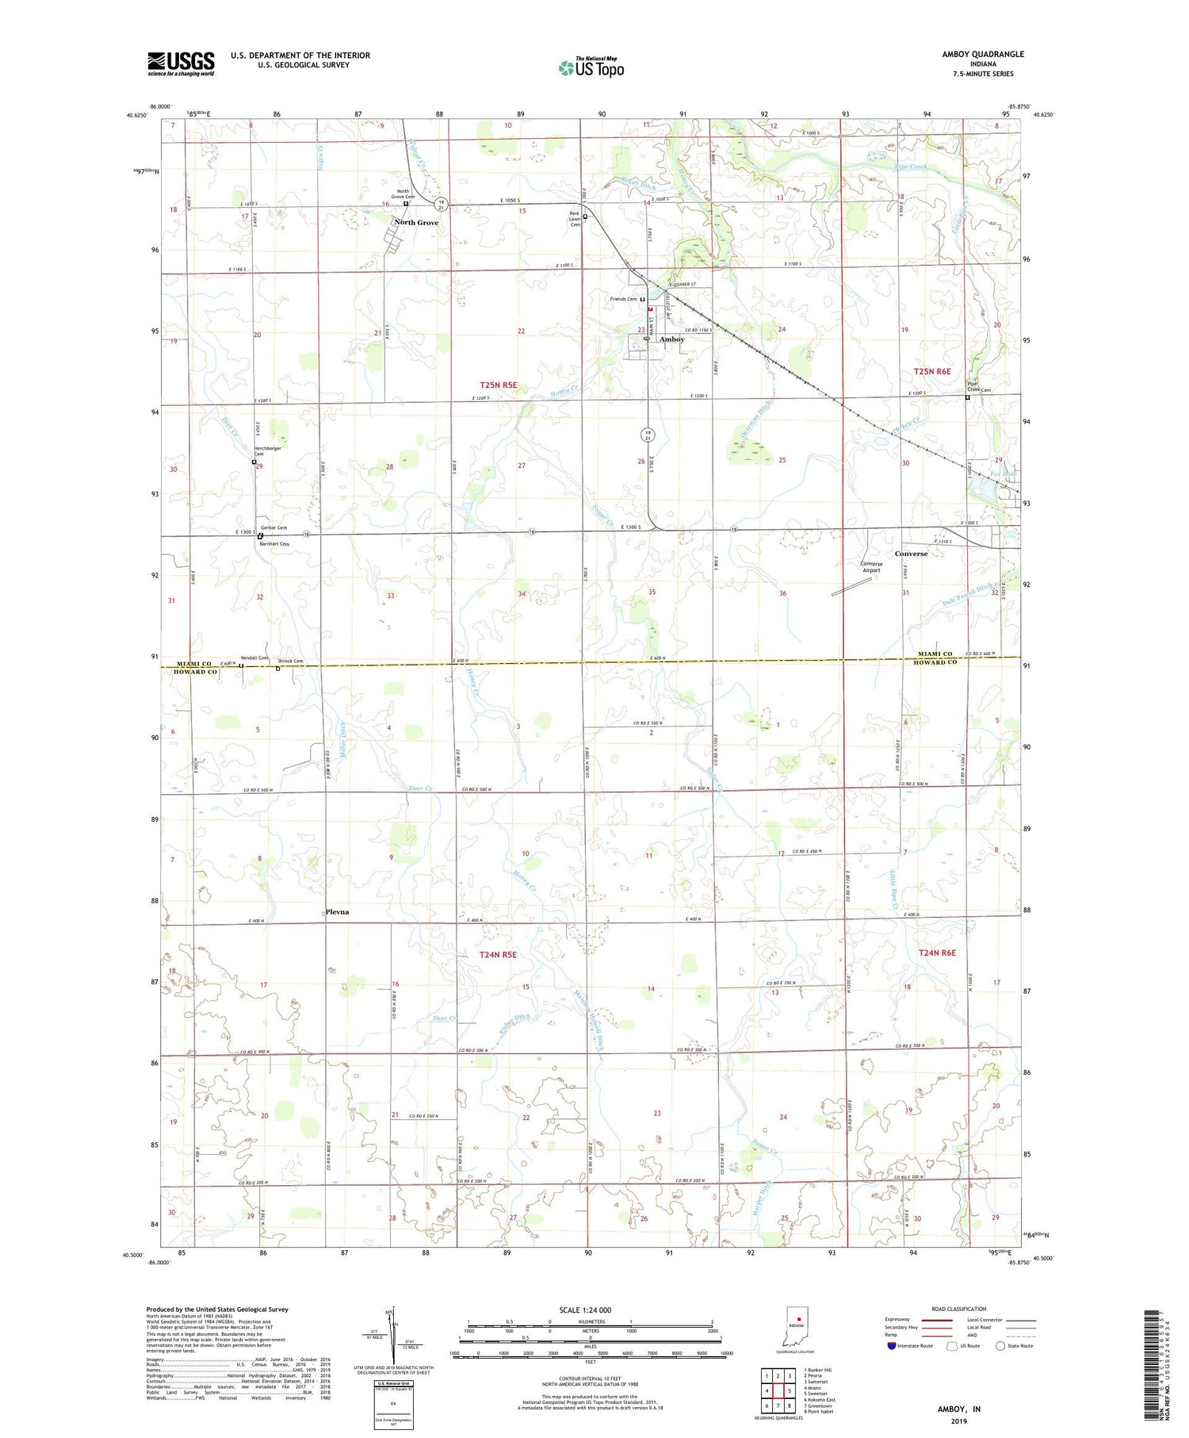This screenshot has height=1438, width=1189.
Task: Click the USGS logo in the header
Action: click(x=181, y=63)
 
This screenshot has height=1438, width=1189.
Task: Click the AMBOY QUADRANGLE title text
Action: click(x=982, y=54)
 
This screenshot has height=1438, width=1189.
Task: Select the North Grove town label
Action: click(x=416, y=223)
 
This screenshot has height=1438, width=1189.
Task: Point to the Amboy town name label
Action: click(x=671, y=339)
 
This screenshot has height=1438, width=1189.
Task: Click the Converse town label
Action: click(x=911, y=554)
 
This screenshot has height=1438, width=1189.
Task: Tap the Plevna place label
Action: click(x=337, y=912)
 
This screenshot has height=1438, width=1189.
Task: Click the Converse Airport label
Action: click(x=871, y=567)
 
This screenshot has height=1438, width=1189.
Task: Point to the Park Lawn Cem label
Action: click(x=575, y=219)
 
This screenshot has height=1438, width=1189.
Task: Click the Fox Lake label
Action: click(x=1003, y=474)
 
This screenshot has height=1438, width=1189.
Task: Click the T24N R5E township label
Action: click(x=498, y=955)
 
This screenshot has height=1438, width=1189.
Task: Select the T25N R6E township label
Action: click(x=931, y=371)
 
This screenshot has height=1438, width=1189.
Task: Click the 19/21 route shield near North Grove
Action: click(x=442, y=205)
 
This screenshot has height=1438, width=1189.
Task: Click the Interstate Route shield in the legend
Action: click(x=893, y=1346)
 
